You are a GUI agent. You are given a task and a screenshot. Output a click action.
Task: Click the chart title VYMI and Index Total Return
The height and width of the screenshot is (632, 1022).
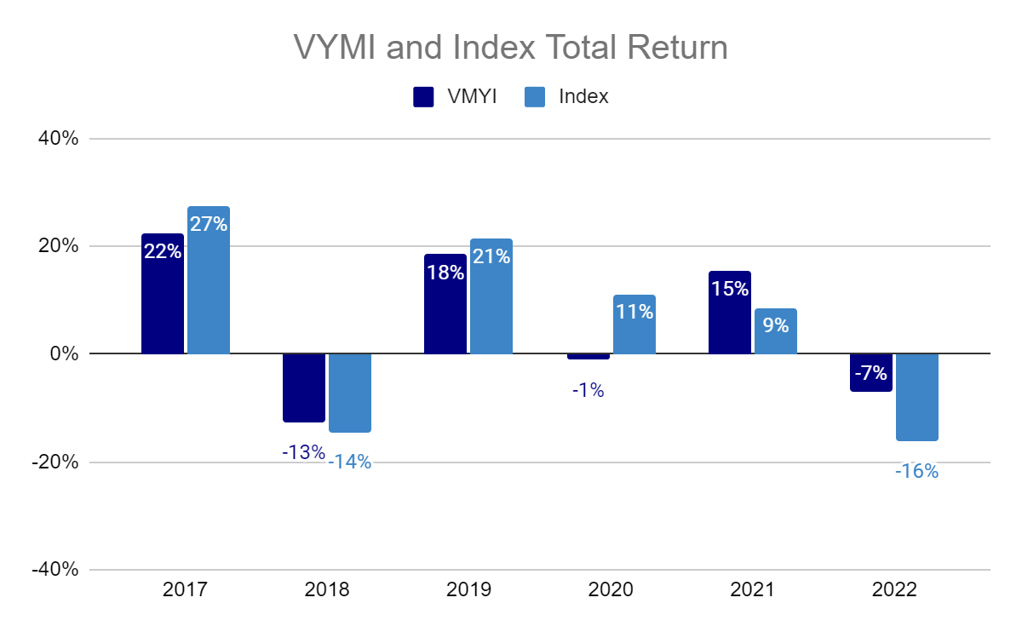point(511,47)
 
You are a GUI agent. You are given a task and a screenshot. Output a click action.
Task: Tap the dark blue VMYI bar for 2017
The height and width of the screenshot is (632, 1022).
point(163,294)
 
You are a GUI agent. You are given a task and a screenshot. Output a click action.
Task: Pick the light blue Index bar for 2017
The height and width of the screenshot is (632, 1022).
point(209,280)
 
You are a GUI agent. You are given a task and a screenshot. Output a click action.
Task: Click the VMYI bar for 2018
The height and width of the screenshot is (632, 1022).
point(304,388)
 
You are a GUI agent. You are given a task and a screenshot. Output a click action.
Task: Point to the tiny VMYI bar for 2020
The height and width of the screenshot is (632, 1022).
point(589,356)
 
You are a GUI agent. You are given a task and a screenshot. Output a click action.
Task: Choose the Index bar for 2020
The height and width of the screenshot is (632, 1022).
point(634,325)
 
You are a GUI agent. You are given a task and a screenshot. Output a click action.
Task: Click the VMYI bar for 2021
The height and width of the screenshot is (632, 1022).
point(730,313)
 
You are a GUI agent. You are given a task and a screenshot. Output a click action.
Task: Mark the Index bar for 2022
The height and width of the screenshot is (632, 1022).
point(917,397)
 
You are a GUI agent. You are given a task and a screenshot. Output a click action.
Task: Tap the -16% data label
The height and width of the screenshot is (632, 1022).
point(916,471)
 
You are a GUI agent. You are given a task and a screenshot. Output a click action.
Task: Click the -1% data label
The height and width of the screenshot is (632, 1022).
point(588,391)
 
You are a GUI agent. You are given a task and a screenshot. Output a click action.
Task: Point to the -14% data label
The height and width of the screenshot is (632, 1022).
point(350,463)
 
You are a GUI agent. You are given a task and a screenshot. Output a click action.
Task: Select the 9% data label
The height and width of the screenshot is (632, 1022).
point(776,325)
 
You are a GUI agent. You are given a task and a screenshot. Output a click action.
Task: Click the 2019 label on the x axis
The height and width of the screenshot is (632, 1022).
point(468,590)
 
